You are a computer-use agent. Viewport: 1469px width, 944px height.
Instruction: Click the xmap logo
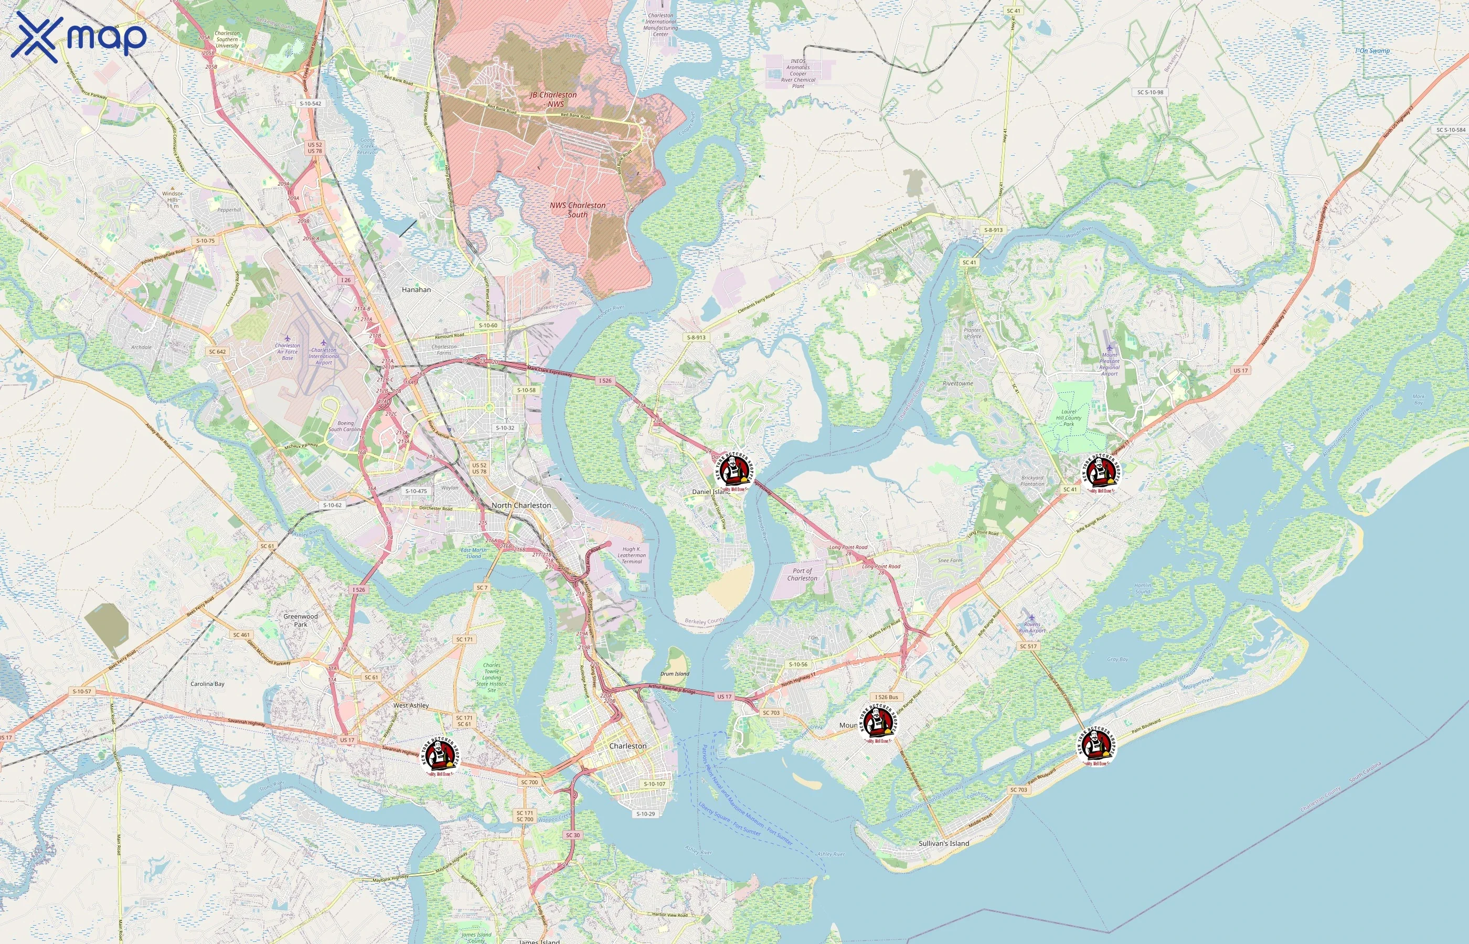click(x=79, y=37)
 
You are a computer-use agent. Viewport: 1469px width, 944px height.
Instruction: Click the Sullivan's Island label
click(x=943, y=843)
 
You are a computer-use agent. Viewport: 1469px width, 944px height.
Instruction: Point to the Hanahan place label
click(x=416, y=289)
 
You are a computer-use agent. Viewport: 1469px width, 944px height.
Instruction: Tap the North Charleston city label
click(x=521, y=505)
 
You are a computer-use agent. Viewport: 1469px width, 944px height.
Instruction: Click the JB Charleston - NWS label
click(x=553, y=99)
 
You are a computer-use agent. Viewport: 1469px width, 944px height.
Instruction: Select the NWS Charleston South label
click(x=578, y=210)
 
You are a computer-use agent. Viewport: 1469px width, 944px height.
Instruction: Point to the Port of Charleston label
click(x=802, y=574)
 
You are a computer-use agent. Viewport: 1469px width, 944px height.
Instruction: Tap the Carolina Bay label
click(x=207, y=683)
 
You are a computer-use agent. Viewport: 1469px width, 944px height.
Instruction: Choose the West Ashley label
click(x=411, y=705)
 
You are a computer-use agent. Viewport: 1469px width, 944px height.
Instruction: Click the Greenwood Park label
click(x=301, y=620)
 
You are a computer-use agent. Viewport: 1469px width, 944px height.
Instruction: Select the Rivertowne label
click(x=957, y=384)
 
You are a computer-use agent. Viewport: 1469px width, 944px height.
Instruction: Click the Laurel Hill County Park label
click(x=1069, y=417)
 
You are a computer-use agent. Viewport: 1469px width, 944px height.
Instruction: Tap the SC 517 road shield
click(x=1028, y=646)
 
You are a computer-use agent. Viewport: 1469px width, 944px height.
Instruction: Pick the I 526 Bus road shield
click(x=887, y=697)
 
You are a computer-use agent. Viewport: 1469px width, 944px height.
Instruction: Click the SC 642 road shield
click(x=217, y=352)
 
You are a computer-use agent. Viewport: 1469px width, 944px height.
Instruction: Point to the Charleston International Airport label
click(x=324, y=356)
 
